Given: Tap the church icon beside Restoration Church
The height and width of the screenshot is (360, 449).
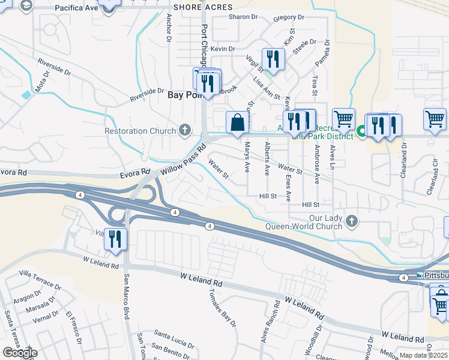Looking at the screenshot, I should [x=185, y=130].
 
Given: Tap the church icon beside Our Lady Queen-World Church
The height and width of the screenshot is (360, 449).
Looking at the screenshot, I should [x=351, y=222].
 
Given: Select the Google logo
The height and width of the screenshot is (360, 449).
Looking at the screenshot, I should [x=19, y=353].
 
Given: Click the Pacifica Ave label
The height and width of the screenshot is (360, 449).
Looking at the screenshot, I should [x=76, y=8].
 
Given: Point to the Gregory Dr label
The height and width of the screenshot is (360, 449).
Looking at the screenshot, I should [x=286, y=18].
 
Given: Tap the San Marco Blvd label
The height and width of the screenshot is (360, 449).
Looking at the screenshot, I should [x=127, y=297].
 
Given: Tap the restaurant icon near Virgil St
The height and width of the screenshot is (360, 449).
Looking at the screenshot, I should [x=273, y=59].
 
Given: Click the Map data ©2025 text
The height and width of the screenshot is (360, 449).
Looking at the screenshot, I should [x=424, y=355].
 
